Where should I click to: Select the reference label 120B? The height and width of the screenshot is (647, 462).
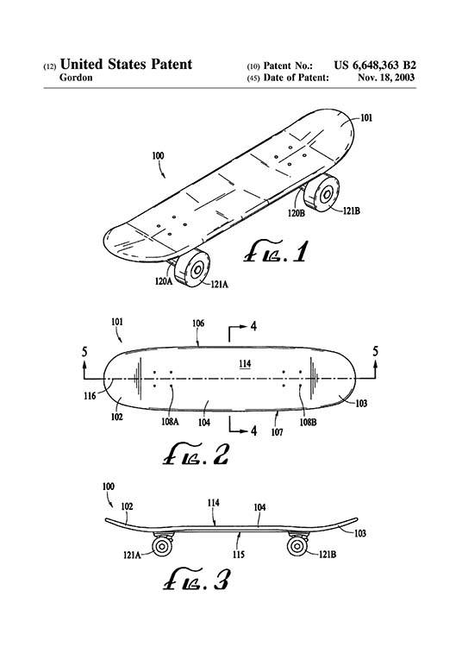296,211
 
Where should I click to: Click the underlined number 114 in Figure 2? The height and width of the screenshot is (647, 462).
245,364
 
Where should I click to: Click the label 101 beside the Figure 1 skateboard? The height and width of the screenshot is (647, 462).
366,117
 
